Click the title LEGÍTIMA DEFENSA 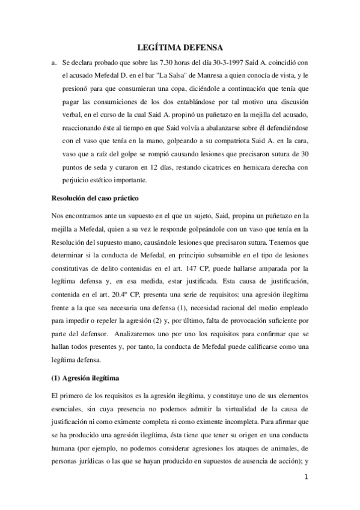tap(180, 48)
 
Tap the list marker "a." tap(54, 62)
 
